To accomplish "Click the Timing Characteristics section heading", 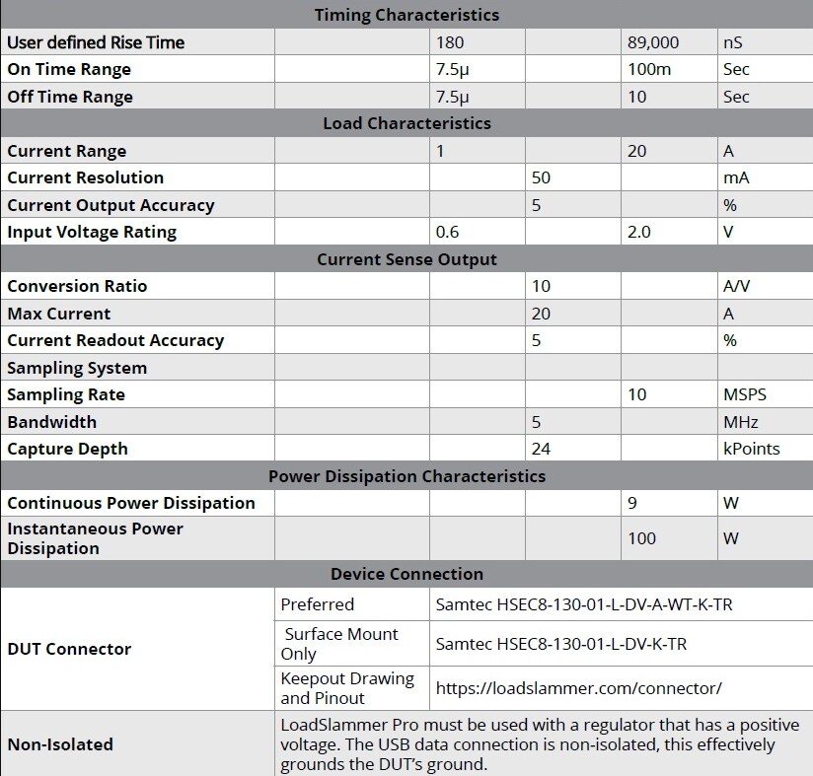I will tap(406, 15).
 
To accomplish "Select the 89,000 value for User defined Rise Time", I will tap(653, 42).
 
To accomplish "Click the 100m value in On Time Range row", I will tap(647, 69).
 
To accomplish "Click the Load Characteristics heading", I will tap(406, 123).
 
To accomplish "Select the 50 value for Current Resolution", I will tap(541, 177).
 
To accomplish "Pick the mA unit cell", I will tap(736, 177).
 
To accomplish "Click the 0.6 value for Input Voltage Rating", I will tap(448, 232).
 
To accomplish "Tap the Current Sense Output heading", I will tap(406, 259).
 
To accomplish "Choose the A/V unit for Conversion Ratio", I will tap(739, 286).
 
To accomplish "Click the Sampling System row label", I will tap(77, 368).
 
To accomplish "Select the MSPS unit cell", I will tap(745, 394).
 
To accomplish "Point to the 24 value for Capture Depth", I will tap(541, 449).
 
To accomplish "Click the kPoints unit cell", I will tap(752, 449).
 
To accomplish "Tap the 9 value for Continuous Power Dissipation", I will tap(632, 503).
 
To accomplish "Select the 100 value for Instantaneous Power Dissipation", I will tap(642, 538).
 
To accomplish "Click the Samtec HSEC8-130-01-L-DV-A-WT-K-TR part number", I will tap(584, 604).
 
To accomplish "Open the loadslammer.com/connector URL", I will tap(579, 688).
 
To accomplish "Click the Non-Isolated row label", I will tap(60, 744).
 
